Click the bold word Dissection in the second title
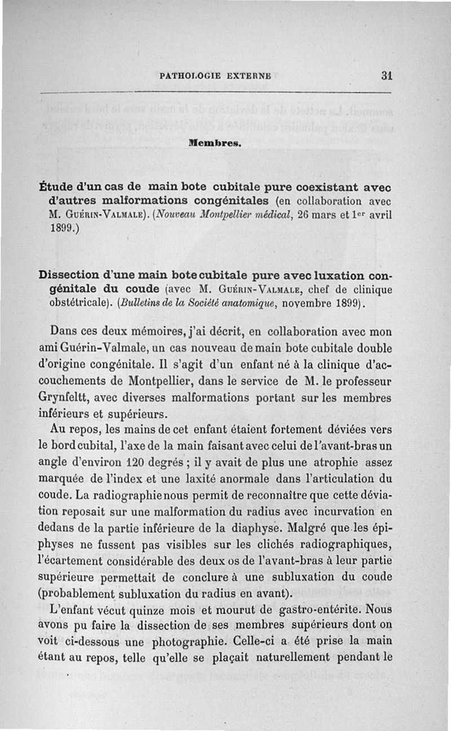(x=71, y=277)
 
